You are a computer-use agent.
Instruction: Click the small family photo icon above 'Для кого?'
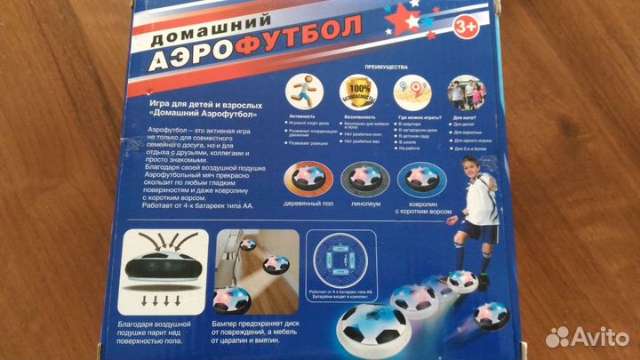(467, 93)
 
